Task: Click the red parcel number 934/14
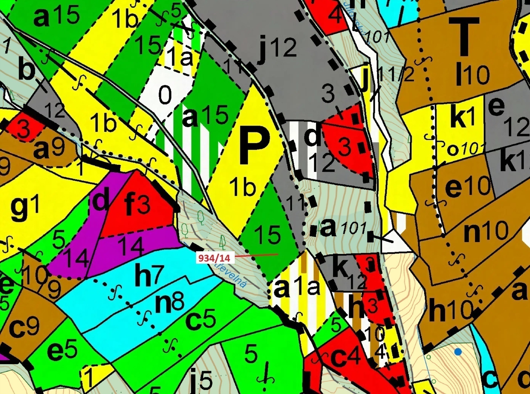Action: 214,258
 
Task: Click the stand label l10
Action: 472,74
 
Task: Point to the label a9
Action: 49,149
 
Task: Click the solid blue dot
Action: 458,352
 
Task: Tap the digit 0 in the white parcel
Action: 165,95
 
